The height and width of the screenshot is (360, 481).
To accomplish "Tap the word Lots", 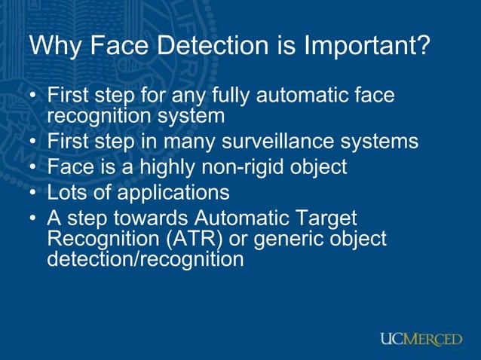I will (x=66, y=192).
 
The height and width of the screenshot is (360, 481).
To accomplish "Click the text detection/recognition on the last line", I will (x=145, y=260).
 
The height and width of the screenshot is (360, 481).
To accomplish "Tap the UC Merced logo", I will (x=421, y=340).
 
